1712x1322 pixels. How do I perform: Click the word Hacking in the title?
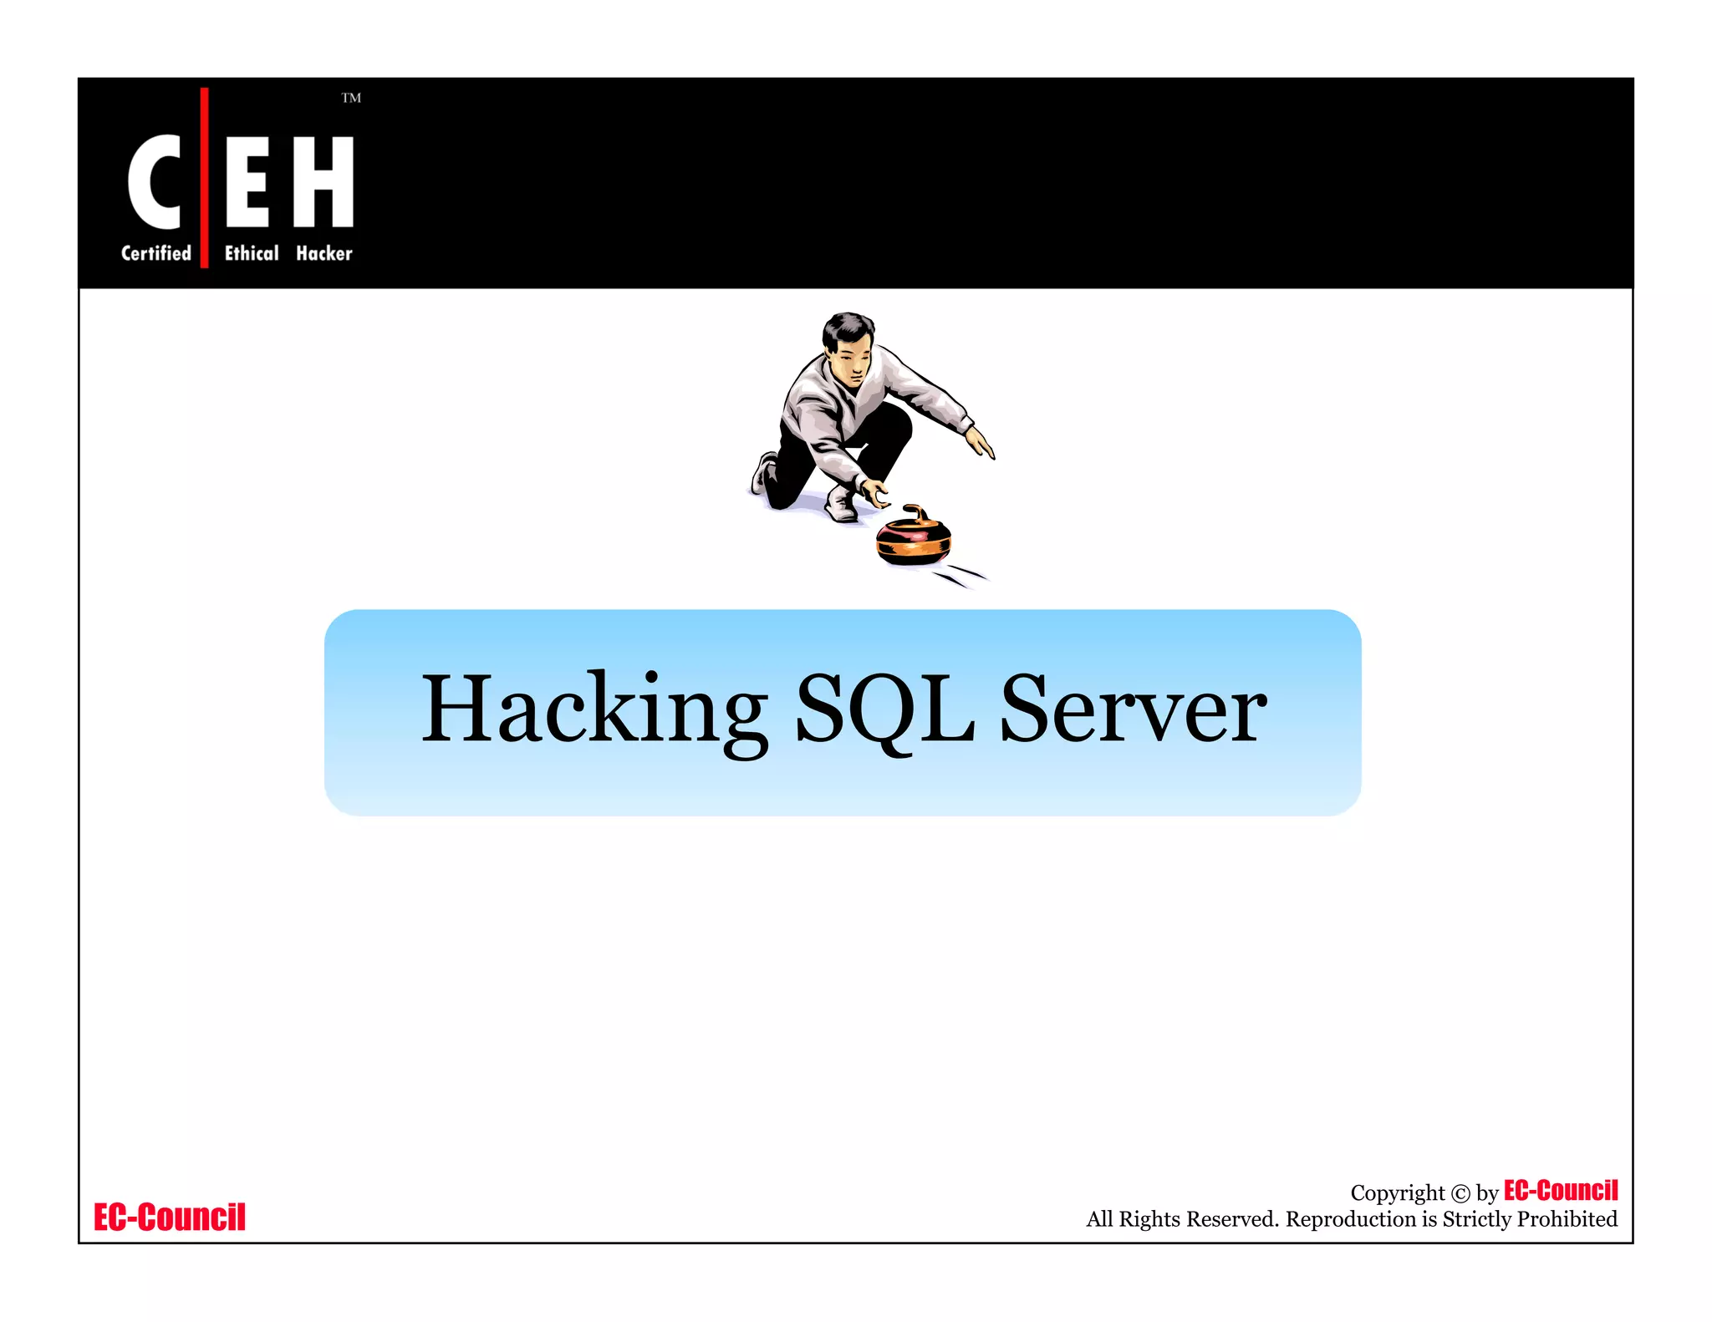click(x=594, y=710)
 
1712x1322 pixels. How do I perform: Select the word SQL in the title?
click(x=884, y=710)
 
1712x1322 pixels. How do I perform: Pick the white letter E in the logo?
click(x=247, y=181)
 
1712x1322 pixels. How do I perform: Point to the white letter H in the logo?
click(x=324, y=181)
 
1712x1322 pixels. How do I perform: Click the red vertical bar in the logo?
click(x=205, y=177)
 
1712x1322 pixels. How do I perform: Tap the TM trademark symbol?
click(x=351, y=99)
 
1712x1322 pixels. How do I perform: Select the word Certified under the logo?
click(x=156, y=253)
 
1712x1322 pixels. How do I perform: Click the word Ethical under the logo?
click(x=252, y=253)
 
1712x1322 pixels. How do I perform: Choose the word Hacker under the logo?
click(x=324, y=253)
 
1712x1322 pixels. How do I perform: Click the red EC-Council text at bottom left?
click(x=170, y=1218)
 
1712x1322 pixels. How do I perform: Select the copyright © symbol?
click(x=1460, y=1194)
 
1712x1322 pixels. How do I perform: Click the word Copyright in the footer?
click(x=1397, y=1193)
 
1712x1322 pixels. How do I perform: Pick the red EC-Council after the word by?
click(x=1561, y=1191)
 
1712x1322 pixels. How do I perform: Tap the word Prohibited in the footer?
click(x=1567, y=1219)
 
